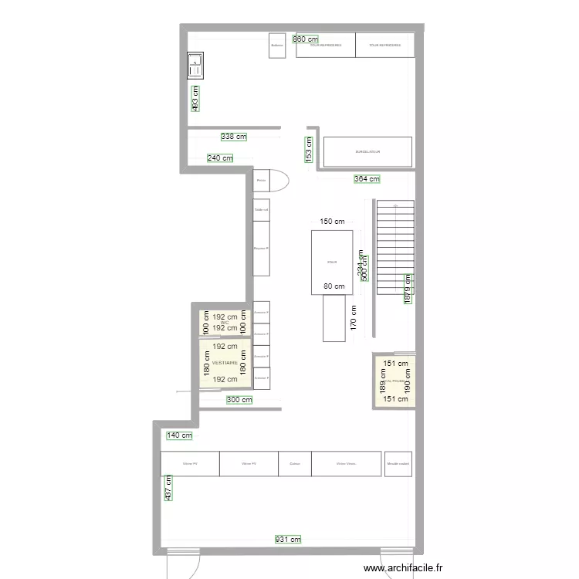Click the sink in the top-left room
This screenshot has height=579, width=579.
(195, 66)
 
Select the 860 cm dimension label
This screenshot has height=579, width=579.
(306, 39)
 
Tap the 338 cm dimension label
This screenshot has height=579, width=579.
(233, 137)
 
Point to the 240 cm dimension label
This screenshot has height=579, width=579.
(220, 159)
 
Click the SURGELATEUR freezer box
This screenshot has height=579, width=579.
(367, 151)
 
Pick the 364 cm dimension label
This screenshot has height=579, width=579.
(367, 179)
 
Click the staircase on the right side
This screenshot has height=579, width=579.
(394, 247)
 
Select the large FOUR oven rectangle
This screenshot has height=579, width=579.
(332, 262)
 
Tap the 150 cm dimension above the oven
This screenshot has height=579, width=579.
(332, 222)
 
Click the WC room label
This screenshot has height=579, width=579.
(225, 322)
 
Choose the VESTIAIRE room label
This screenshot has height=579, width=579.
(225, 362)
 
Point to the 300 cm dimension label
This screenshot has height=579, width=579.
(239, 400)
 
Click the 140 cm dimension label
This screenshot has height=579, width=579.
(179, 436)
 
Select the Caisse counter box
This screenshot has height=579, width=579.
(294, 464)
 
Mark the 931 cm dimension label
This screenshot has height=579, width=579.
(288, 540)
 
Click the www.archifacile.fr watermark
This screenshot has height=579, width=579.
(404, 568)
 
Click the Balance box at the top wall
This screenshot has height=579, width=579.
(277, 45)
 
